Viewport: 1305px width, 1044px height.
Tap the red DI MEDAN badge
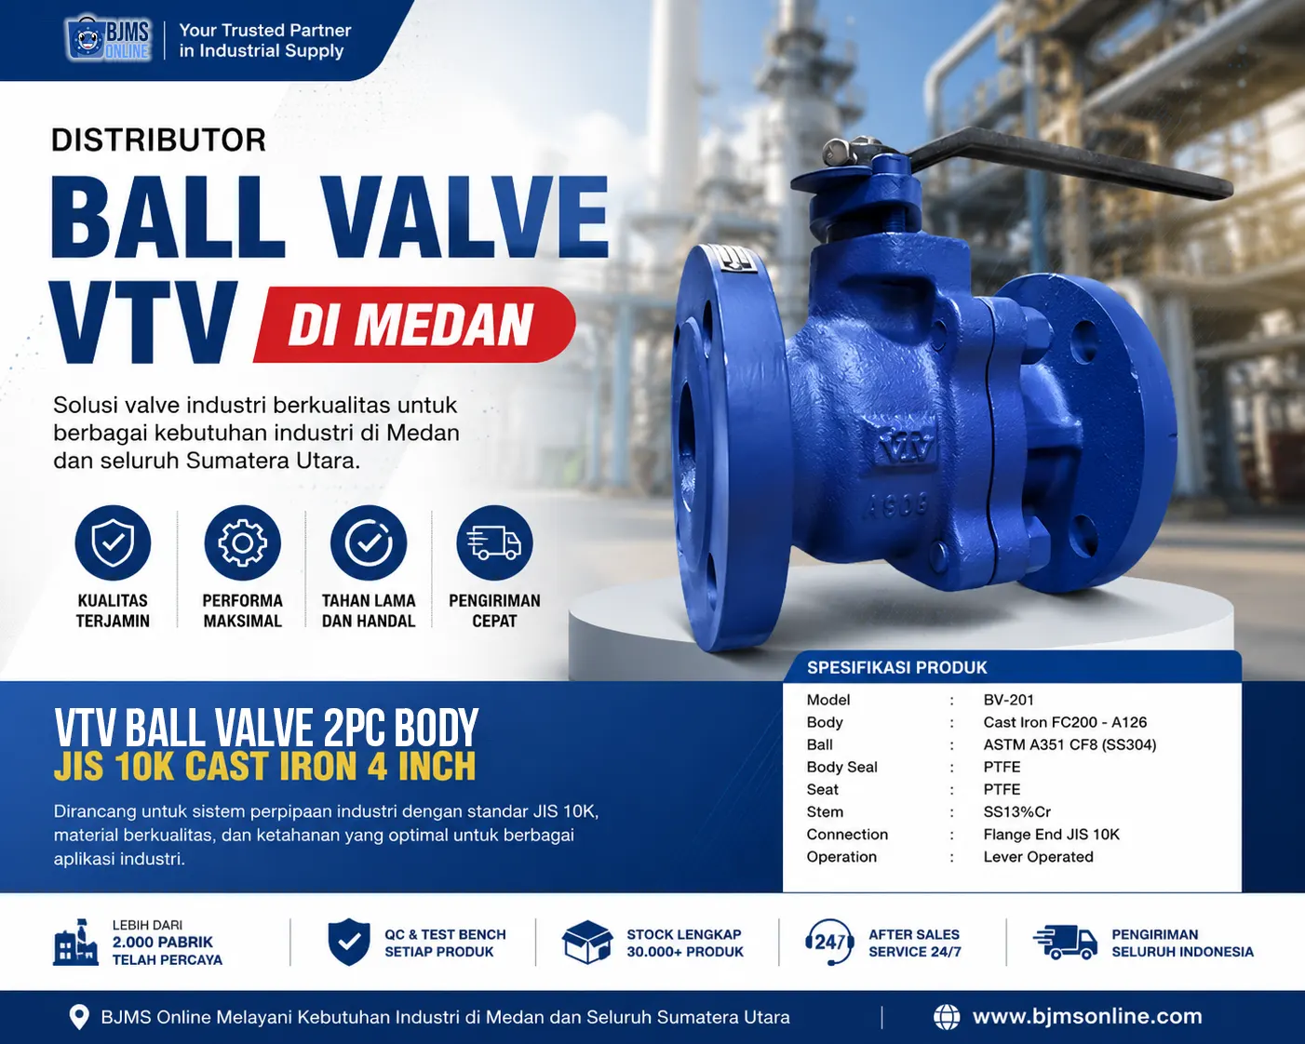[x=415, y=325]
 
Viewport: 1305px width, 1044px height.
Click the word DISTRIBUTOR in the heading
[x=159, y=141]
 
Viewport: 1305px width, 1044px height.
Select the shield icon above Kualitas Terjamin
[x=113, y=542]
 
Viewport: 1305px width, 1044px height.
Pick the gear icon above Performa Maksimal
[x=243, y=542]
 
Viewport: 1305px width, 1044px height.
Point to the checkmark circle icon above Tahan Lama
[x=369, y=542]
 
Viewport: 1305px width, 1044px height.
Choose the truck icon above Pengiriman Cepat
[x=495, y=542]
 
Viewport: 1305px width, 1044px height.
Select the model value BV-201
[x=1008, y=700]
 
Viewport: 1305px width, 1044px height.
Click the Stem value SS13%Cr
[x=1017, y=811]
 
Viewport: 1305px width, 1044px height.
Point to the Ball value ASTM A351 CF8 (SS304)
[x=1070, y=744]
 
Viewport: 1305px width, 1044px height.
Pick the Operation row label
[x=841, y=857]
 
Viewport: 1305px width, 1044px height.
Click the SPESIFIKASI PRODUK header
[x=897, y=667]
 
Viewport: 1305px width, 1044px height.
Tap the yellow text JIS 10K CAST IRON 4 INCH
[x=265, y=767]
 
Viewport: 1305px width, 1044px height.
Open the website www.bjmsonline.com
[x=1087, y=1016]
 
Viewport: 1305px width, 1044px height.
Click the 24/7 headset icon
[x=829, y=943]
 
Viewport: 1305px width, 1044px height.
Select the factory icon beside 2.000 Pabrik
[x=75, y=942]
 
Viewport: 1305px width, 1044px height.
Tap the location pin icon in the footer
[x=79, y=1017]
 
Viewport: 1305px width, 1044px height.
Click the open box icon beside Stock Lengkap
[x=587, y=943]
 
